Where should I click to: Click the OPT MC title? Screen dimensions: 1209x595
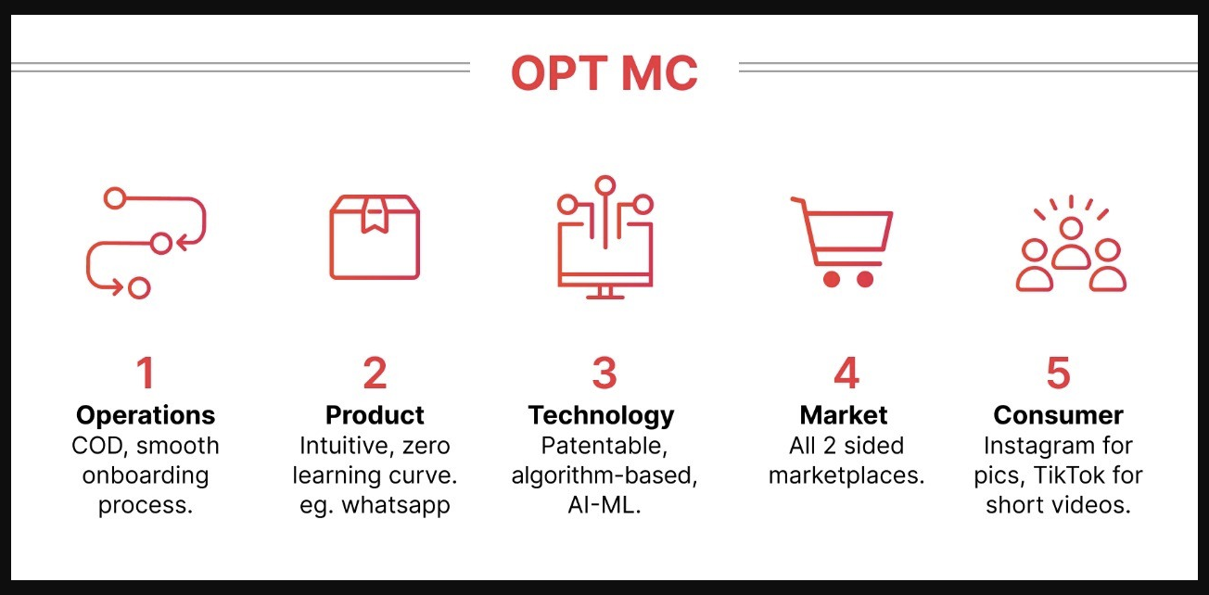tap(604, 73)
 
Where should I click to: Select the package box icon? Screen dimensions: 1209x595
tap(375, 237)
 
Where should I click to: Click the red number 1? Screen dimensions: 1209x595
tap(146, 373)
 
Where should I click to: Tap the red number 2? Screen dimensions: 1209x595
tap(375, 373)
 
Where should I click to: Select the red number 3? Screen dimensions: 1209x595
tap(604, 373)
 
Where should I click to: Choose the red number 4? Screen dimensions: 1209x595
tap(846, 373)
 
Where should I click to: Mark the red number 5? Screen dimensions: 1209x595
tap(1059, 373)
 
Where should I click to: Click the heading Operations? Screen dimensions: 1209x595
tap(146, 416)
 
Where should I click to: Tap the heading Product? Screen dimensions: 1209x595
tap(375, 415)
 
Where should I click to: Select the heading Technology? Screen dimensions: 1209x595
tap(602, 416)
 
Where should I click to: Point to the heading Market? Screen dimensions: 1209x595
tap(844, 415)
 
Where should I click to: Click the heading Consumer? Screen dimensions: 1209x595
tap(1059, 415)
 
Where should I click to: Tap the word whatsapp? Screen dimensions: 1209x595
tap(396, 506)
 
